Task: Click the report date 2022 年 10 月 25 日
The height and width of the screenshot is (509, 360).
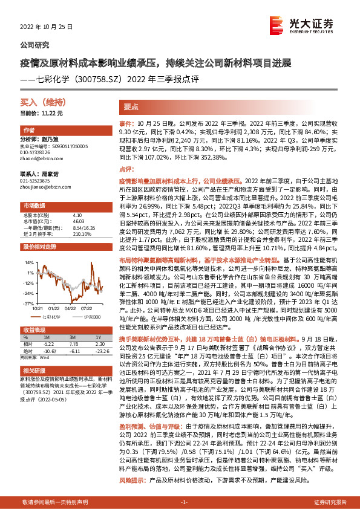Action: (x=46, y=28)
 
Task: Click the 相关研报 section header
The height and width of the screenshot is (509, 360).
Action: (x=33, y=370)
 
